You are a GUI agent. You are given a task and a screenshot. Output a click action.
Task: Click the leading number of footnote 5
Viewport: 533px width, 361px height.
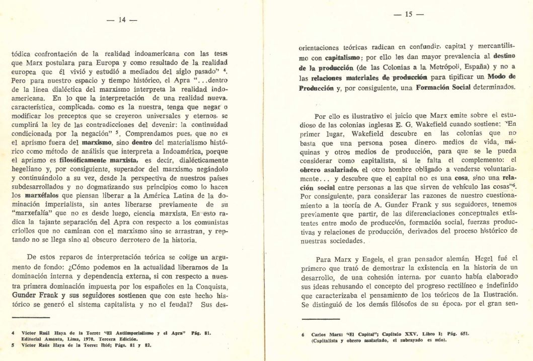13,346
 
